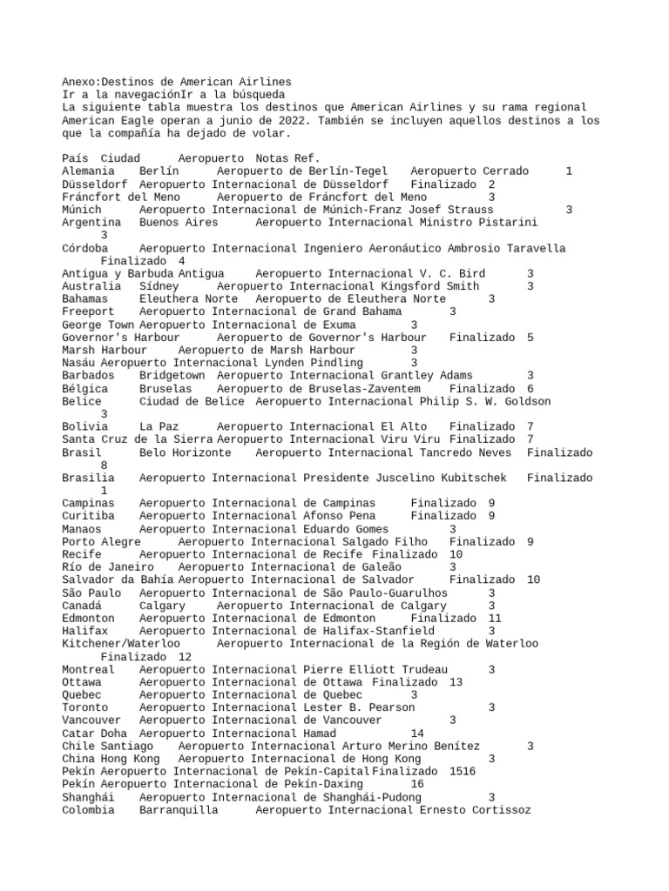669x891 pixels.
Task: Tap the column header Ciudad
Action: (119, 158)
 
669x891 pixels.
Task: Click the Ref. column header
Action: (309, 158)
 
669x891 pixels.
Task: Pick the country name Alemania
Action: (91, 171)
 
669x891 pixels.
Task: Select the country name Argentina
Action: (91, 223)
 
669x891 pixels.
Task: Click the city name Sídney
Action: (159, 286)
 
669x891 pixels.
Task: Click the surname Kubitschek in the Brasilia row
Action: (477, 478)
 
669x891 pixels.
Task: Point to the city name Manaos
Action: (82, 529)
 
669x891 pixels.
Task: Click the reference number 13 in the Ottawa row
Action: (456, 682)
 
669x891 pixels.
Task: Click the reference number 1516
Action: (463, 772)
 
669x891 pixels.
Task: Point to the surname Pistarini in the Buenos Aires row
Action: (509, 223)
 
